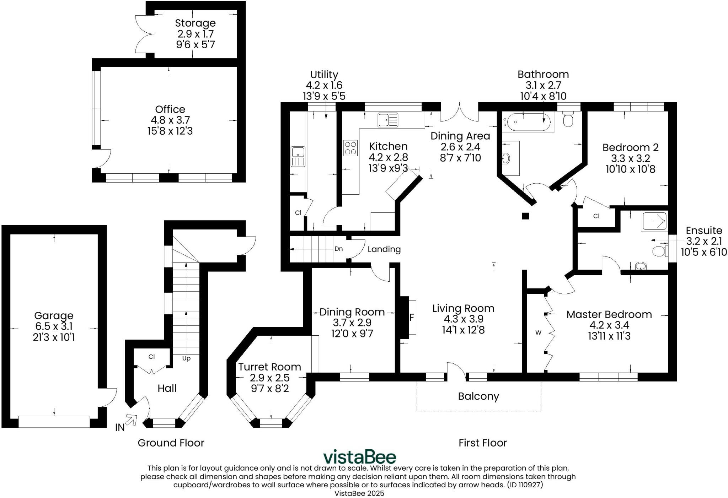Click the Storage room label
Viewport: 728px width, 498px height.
[x=195, y=23]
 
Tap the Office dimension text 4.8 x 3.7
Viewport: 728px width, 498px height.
[x=170, y=120]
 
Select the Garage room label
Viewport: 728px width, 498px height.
[x=54, y=315]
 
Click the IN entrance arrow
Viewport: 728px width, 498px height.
[x=131, y=420]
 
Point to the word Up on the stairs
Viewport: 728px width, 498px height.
[x=186, y=358]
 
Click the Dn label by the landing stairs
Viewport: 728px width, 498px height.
[x=338, y=249]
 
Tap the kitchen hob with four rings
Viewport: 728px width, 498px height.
[x=350, y=148]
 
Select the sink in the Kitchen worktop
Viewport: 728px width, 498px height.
[x=388, y=120]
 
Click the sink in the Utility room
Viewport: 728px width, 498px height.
[x=298, y=157]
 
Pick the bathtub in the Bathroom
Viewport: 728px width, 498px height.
[x=528, y=123]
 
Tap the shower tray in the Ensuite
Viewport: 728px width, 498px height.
[x=654, y=222]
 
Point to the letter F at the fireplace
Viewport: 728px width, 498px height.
[x=412, y=317]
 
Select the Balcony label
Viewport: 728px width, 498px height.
[x=478, y=396]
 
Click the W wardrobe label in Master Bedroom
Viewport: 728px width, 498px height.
[x=538, y=332]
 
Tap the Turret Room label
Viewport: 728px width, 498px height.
[x=269, y=367]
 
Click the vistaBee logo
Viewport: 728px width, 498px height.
[x=359, y=457]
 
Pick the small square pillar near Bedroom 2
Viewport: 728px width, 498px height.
[x=525, y=216]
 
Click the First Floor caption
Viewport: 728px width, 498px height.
[x=482, y=443]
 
